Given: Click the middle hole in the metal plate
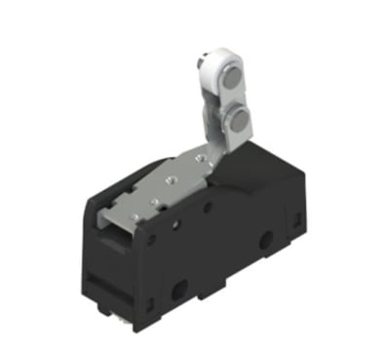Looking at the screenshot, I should point(166,179).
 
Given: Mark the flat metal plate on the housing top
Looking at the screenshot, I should point(156,185).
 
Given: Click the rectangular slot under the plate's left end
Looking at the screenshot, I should point(115,229).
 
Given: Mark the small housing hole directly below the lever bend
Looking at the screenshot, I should point(208,208).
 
